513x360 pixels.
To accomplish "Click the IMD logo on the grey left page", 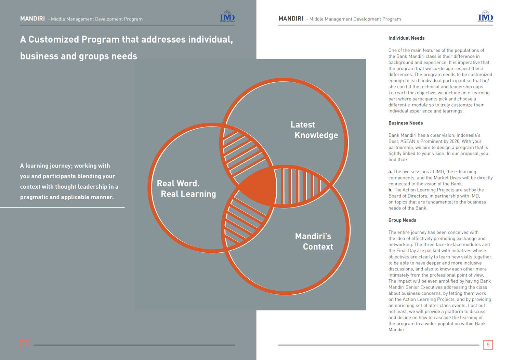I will (x=227, y=17).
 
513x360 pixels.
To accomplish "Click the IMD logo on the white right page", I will (x=485, y=17).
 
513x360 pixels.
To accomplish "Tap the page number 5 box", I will (x=488, y=345).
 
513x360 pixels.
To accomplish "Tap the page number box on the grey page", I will (x=24, y=345).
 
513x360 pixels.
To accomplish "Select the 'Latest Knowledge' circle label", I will (x=314, y=130).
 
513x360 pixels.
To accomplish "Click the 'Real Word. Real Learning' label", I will (x=186, y=189).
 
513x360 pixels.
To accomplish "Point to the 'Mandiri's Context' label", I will (x=314, y=241).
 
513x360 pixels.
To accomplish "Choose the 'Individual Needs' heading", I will (x=406, y=38).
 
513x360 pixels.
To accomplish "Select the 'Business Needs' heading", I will (x=405, y=123).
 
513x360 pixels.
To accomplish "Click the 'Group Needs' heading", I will (x=402, y=220).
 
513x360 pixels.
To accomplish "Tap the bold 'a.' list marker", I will (x=390, y=172).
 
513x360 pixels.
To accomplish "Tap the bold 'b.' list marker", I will (x=390, y=190).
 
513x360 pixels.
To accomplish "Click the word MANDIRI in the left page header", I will (x=32, y=19).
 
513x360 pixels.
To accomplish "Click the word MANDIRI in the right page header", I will (x=291, y=19).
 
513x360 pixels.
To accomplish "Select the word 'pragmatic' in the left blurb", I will (x=34, y=197).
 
